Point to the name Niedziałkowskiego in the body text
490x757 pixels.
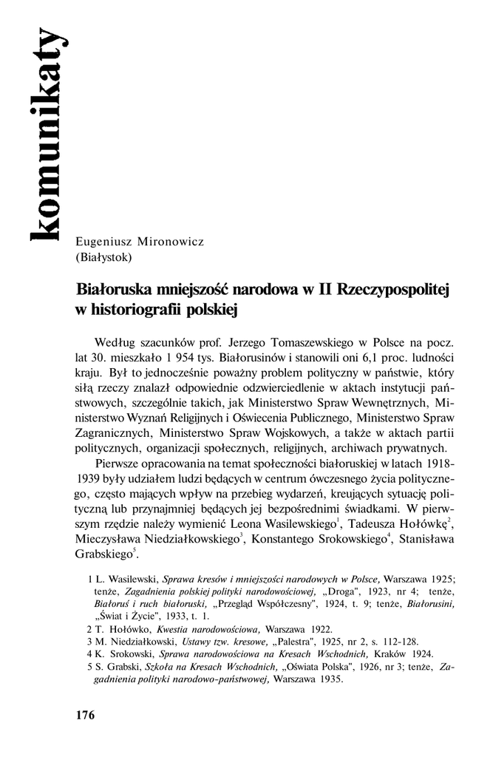coord(194,540)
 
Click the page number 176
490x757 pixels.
coord(85,715)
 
